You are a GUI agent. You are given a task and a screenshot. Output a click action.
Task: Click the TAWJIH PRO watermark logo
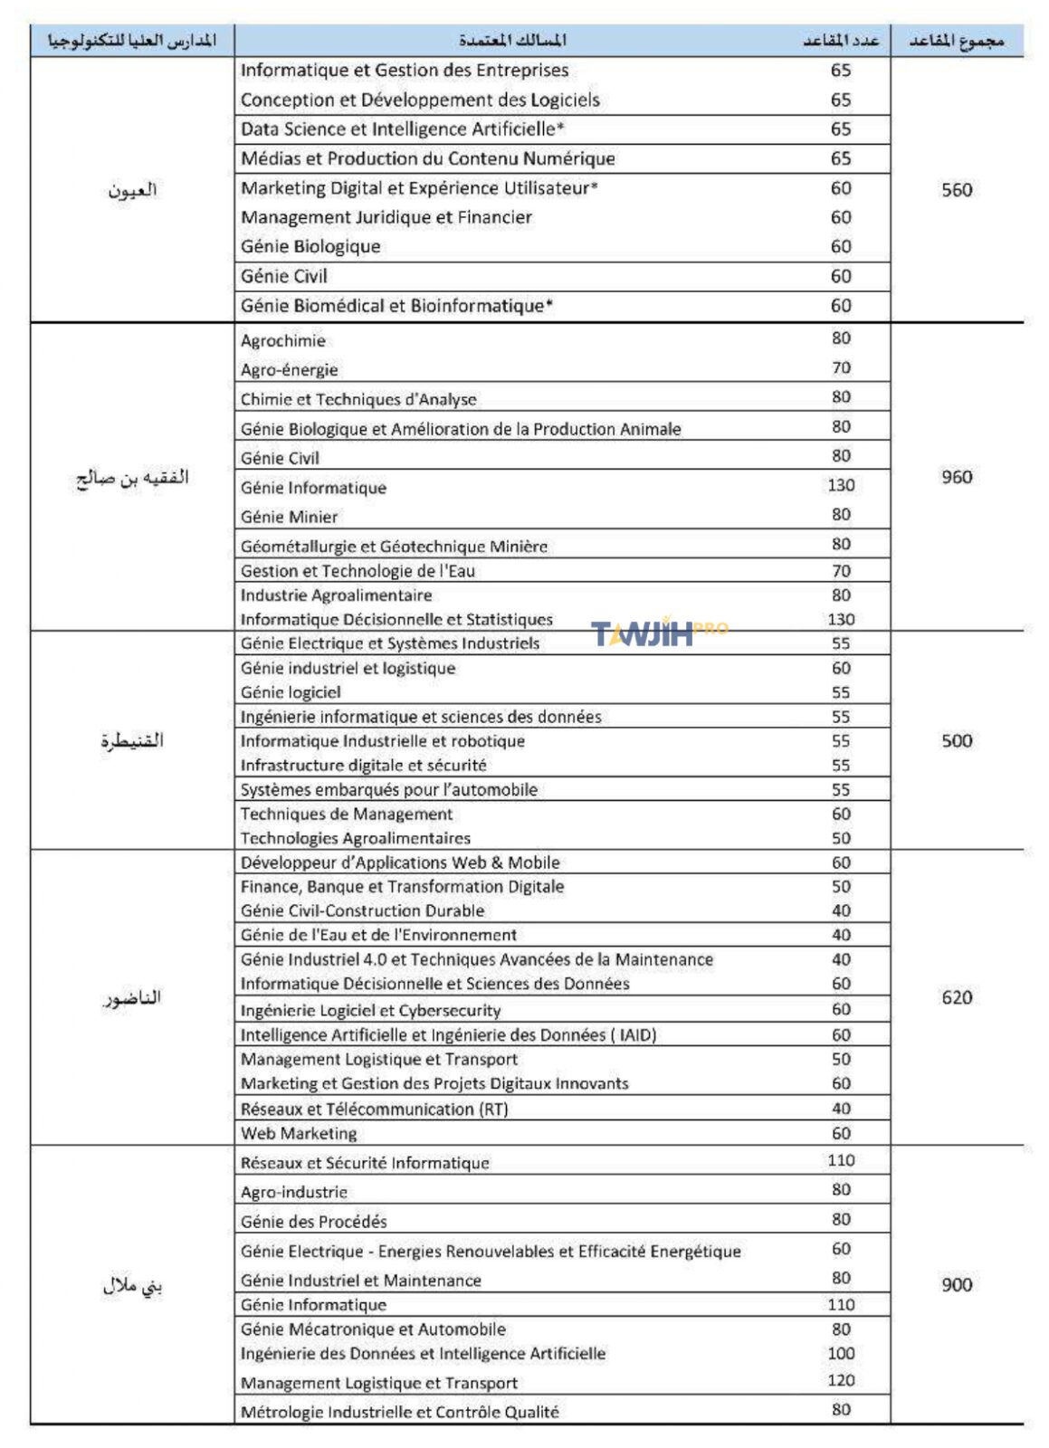(x=659, y=632)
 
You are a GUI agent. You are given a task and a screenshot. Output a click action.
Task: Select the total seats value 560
(x=956, y=190)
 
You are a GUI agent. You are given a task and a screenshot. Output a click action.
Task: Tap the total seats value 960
(x=956, y=477)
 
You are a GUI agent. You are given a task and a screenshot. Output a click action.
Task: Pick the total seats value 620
(x=956, y=997)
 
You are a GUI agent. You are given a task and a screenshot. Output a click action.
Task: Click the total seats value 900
(x=956, y=1284)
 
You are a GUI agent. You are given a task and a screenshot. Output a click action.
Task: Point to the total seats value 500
(x=956, y=740)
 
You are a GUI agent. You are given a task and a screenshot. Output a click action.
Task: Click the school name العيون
(x=132, y=190)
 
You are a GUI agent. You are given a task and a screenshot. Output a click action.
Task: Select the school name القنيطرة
(x=132, y=740)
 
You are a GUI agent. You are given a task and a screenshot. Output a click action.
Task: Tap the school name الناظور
(x=132, y=997)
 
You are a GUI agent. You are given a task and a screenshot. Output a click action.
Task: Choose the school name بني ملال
(x=132, y=1285)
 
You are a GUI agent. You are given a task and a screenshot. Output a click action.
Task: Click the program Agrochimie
(x=282, y=341)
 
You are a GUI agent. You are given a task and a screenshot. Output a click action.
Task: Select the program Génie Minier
(x=289, y=517)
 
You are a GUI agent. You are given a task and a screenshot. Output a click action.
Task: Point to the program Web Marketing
(x=299, y=1133)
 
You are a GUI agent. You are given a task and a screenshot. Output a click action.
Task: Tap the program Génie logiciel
(x=291, y=692)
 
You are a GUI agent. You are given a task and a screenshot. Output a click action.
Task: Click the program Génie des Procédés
(x=313, y=1222)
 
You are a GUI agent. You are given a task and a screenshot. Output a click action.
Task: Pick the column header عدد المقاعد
(x=841, y=41)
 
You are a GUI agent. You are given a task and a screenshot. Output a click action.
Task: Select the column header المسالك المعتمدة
(x=512, y=41)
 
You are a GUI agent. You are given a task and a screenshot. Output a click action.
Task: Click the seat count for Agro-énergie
(x=841, y=367)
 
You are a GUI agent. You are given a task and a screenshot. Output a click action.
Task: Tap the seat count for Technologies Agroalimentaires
(x=841, y=838)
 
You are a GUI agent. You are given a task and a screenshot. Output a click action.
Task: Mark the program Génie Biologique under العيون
(x=310, y=247)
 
